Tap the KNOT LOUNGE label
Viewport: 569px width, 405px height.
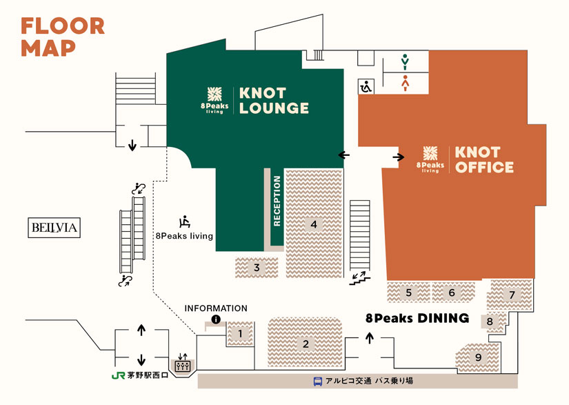274,101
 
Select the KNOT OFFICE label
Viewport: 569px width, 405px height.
484,159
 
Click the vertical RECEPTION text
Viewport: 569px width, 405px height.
277,201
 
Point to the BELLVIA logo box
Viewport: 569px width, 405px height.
54,228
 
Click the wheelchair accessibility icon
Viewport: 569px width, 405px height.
366,86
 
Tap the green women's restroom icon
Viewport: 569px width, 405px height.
406,63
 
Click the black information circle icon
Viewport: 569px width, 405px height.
216,319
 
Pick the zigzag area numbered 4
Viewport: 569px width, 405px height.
314,224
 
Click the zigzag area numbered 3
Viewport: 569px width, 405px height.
257,267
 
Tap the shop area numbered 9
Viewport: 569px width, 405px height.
477,357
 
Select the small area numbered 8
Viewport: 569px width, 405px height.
490,321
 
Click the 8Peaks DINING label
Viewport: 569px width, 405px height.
417,318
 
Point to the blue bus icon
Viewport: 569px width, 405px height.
318,381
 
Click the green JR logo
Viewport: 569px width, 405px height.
117,376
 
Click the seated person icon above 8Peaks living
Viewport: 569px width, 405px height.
184,221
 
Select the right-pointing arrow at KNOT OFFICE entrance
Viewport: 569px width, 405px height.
399,157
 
